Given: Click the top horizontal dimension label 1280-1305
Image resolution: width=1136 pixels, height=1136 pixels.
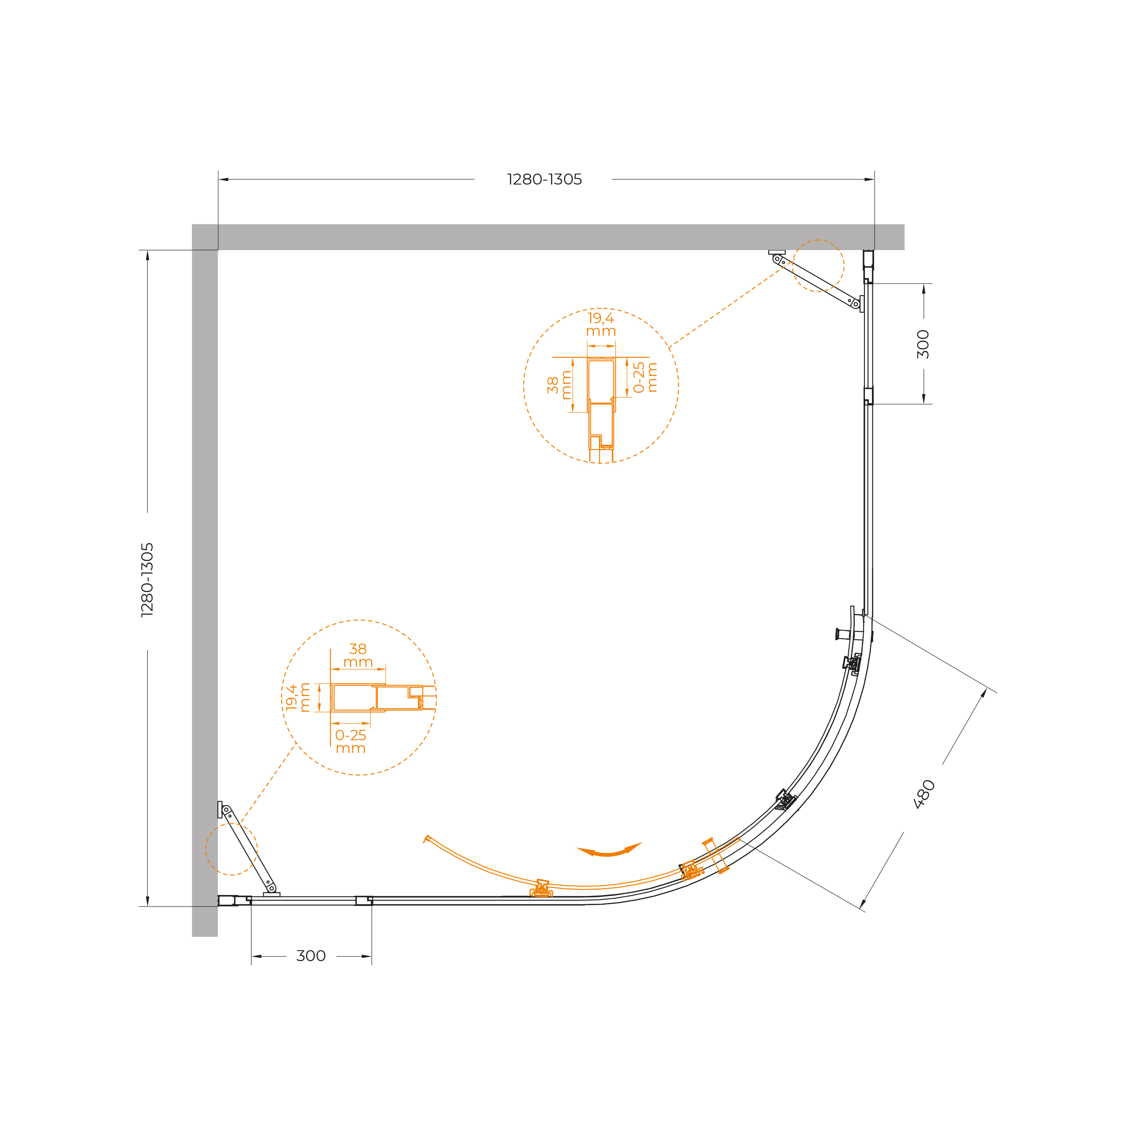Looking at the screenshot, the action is (544, 179).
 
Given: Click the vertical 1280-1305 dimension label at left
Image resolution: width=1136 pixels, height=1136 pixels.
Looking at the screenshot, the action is (147, 580).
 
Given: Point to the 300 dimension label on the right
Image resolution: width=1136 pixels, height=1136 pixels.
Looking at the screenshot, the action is (923, 344).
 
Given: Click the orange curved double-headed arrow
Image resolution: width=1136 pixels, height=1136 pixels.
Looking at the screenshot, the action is (609, 850).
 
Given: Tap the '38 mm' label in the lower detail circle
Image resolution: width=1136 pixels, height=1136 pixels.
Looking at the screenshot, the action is (358, 655).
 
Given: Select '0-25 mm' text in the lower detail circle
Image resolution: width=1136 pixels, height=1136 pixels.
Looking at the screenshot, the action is (350, 742).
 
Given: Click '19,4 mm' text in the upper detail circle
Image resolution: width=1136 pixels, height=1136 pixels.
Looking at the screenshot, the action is (601, 324).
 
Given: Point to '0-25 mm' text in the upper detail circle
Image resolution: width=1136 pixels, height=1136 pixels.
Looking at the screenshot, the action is (645, 377).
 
